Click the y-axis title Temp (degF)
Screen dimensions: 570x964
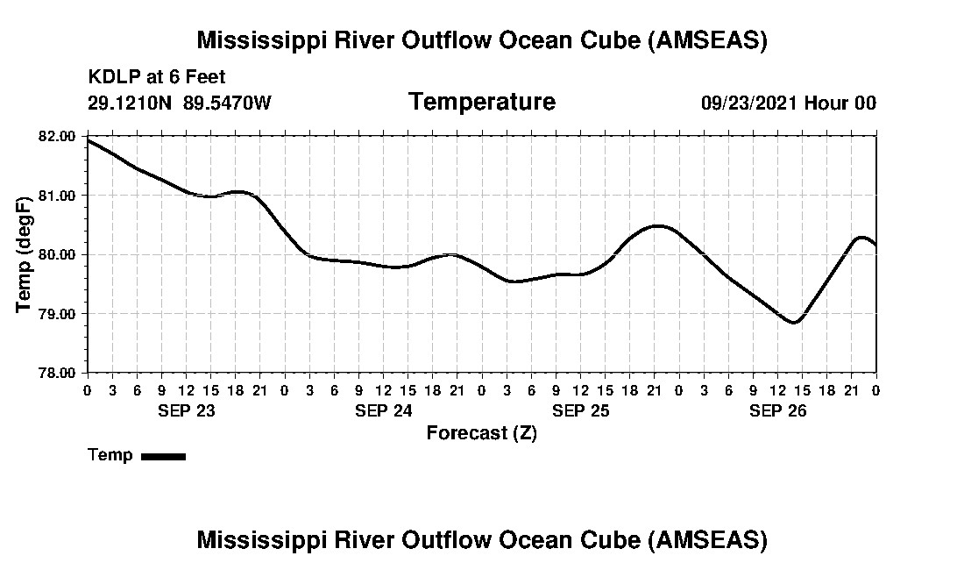click(25, 254)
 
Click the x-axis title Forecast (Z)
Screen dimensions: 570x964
click(481, 433)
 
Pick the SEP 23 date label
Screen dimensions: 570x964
click(186, 410)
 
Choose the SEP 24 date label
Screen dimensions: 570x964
click(383, 410)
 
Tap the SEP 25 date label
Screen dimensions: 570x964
click(580, 410)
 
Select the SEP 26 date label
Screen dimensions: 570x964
click(777, 410)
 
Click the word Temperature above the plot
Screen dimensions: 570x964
click(481, 103)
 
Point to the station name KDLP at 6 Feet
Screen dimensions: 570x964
click(157, 78)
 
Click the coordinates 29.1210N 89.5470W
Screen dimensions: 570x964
click(180, 103)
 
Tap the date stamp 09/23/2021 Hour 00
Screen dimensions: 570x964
click(788, 103)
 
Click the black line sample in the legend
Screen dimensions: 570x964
click(163, 456)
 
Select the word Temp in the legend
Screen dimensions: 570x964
click(110, 455)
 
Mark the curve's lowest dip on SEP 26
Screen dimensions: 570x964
click(794, 323)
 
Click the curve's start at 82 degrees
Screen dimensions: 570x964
click(89, 140)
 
